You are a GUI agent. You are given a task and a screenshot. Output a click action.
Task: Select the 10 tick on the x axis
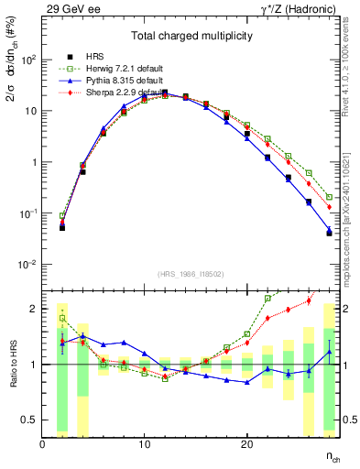tap(145, 444)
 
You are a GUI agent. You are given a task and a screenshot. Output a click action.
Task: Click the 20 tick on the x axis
tap(246, 444)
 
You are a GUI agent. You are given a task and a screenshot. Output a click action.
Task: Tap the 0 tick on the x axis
tap(43, 444)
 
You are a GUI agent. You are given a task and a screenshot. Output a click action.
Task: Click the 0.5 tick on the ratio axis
tap(30, 420)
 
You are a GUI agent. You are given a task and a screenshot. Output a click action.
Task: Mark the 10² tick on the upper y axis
tap(27, 60)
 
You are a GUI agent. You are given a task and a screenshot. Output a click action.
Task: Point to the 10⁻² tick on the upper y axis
tap(27, 265)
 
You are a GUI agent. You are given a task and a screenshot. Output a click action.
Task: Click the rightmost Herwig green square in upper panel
tap(329, 197)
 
